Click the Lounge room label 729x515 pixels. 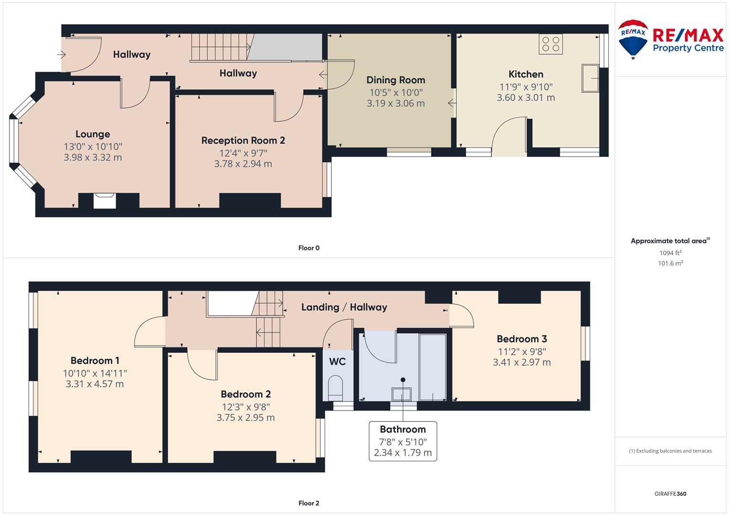pyautogui.click(x=93, y=134)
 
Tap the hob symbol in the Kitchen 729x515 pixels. pyautogui.click(x=550, y=44)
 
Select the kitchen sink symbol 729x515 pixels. pyautogui.click(x=590, y=78)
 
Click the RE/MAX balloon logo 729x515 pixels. pyautogui.click(x=633, y=39)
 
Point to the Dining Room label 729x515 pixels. pyautogui.click(x=395, y=80)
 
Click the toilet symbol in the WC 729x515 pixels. pyautogui.click(x=337, y=388)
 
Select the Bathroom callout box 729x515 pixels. pyautogui.click(x=402, y=441)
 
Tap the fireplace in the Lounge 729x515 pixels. pyautogui.click(x=105, y=200)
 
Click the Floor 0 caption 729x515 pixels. pyautogui.click(x=309, y=248)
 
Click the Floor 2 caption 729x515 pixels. pyautogui.click(x=309, y=503)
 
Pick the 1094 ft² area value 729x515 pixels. pyautogui.click(x=670, y=253)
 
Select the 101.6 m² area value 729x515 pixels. pyautogui.click(x=670, y=263)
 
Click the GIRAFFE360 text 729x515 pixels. pyautogui.click(x=670, y=494)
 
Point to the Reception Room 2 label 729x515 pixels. pyautogui.click(x=243, y=141)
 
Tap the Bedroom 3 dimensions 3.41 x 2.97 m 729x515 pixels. pyautogui.click(x=521, y=362)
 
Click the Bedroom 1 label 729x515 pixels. pyautogui.click(x=95, y=361)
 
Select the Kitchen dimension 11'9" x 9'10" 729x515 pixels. pyautogui.click(x=526, y=87)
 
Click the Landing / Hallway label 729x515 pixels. pyautogui.click(x=344, y=308)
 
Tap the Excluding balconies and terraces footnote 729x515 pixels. pyautogui.click(x=670, y=451)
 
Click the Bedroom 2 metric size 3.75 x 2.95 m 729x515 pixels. pyautogui.click(x=245, y=418)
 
